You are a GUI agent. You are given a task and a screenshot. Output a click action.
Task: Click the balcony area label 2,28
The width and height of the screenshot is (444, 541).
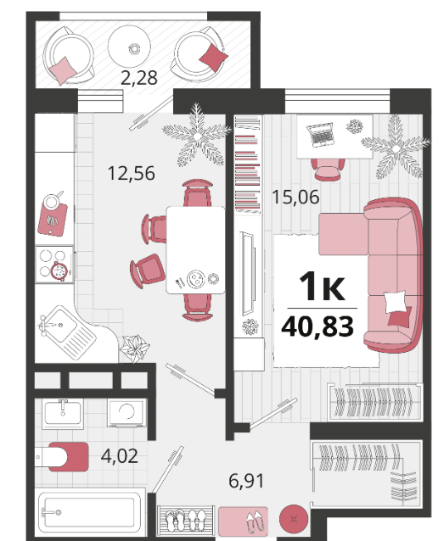pyautogui.click(x=139, y=78)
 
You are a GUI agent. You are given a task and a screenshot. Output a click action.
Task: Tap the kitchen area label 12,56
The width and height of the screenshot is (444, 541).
pyautogui.click(x=132, y=173)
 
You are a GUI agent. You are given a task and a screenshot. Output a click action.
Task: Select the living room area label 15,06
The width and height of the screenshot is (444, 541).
pyautogui.click(x=295, y=198)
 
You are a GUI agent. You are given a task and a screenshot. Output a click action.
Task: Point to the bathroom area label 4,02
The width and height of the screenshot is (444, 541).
pyautogui.click(x=120, y=455)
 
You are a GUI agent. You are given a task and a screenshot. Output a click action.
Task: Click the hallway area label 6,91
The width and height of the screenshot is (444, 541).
pyautogui.click(x=247, y=481)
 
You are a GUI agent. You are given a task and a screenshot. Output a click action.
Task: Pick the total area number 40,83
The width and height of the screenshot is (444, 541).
pyautogui.click(x=318, y=326)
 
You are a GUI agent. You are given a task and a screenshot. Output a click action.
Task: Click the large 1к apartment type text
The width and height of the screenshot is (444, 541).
pyautogui.click(x=322, y=286)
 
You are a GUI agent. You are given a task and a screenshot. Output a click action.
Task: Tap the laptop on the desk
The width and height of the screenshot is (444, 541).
pyautogui.click(x=320, y=134)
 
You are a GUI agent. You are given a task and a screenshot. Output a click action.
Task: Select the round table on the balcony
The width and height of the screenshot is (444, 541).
pyautogui.click(x=129, y=47)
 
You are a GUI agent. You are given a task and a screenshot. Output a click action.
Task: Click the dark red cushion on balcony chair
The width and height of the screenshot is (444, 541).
pyautogui.click(x=214, y=57)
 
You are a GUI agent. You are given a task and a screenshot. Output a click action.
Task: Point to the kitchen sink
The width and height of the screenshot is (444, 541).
pyautogui.click(x=67, y=332)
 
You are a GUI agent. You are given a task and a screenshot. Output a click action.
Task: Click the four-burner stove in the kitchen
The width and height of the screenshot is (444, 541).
pyautogui.click(x=54, y=265)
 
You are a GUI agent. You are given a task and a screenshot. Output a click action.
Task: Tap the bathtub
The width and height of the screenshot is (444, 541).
pyautogui.click(x=90, y=512)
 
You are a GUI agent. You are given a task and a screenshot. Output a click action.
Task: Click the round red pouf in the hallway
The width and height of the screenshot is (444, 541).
pyautogui.click(x=294, y=519)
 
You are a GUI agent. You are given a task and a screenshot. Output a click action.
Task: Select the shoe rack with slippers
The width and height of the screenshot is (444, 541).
pyautogui.click(x=185, y=521)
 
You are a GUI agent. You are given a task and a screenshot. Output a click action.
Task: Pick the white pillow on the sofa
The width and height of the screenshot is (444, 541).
pyautogui.click(x=395, y=301)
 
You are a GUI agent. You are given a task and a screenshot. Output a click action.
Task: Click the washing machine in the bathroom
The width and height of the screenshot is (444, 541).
pyautogui.click(x=126, y=413)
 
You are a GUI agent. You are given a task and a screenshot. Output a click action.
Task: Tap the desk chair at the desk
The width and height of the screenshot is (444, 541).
pyautogui.click(x=328, y=169)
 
